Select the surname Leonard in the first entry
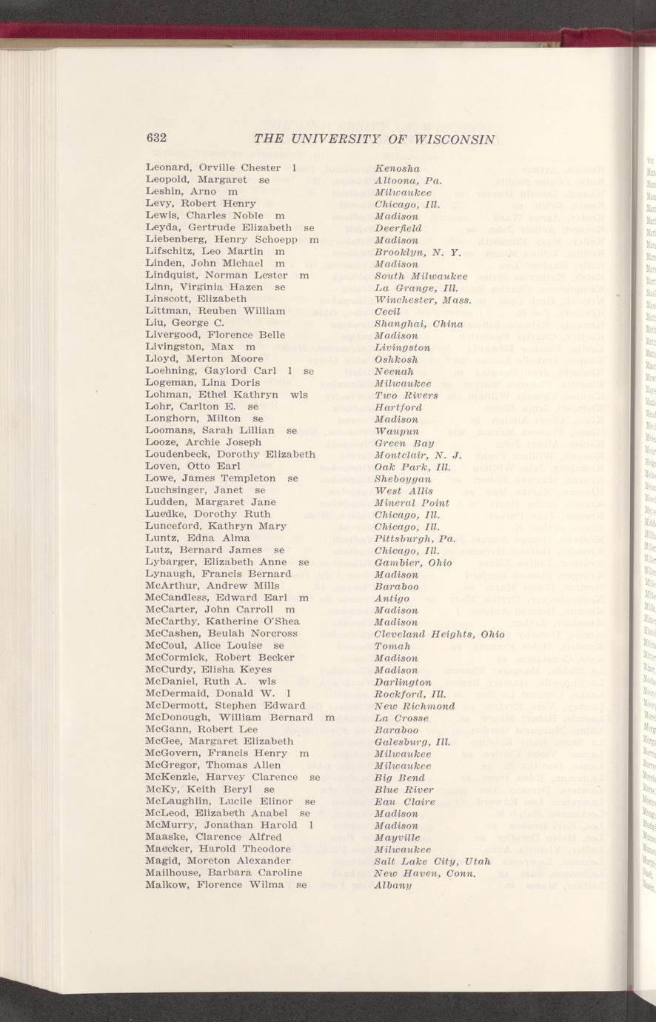(x=170, y=167)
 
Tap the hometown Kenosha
(x=398, y=167)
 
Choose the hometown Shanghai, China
(x=419, y=324)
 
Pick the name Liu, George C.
(x=185, y=324)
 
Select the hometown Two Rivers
(x=406, y=395)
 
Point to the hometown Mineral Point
(x=411, y=502)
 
